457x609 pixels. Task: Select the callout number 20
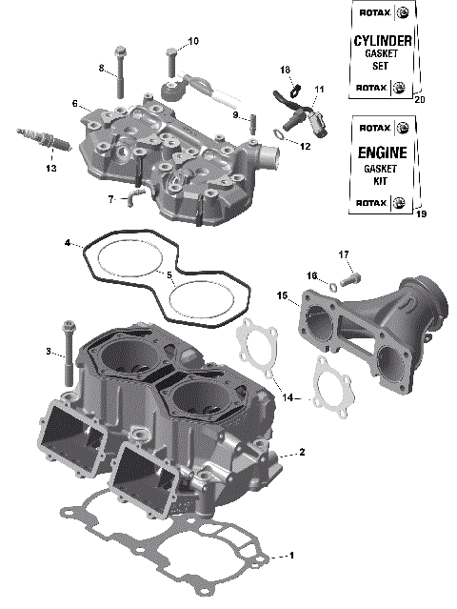click(x=420, y=99)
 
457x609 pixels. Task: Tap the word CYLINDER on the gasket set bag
click(x=383, y=41)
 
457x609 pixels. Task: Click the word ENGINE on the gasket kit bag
click(x=383, y=152)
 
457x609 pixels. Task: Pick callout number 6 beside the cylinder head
click(x=73, y=103)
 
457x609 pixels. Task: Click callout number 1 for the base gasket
click(x=292, y=555)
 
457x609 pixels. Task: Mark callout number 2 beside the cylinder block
click(x=302, y=451)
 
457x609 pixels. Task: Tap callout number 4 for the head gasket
click(x=68, y=244)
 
